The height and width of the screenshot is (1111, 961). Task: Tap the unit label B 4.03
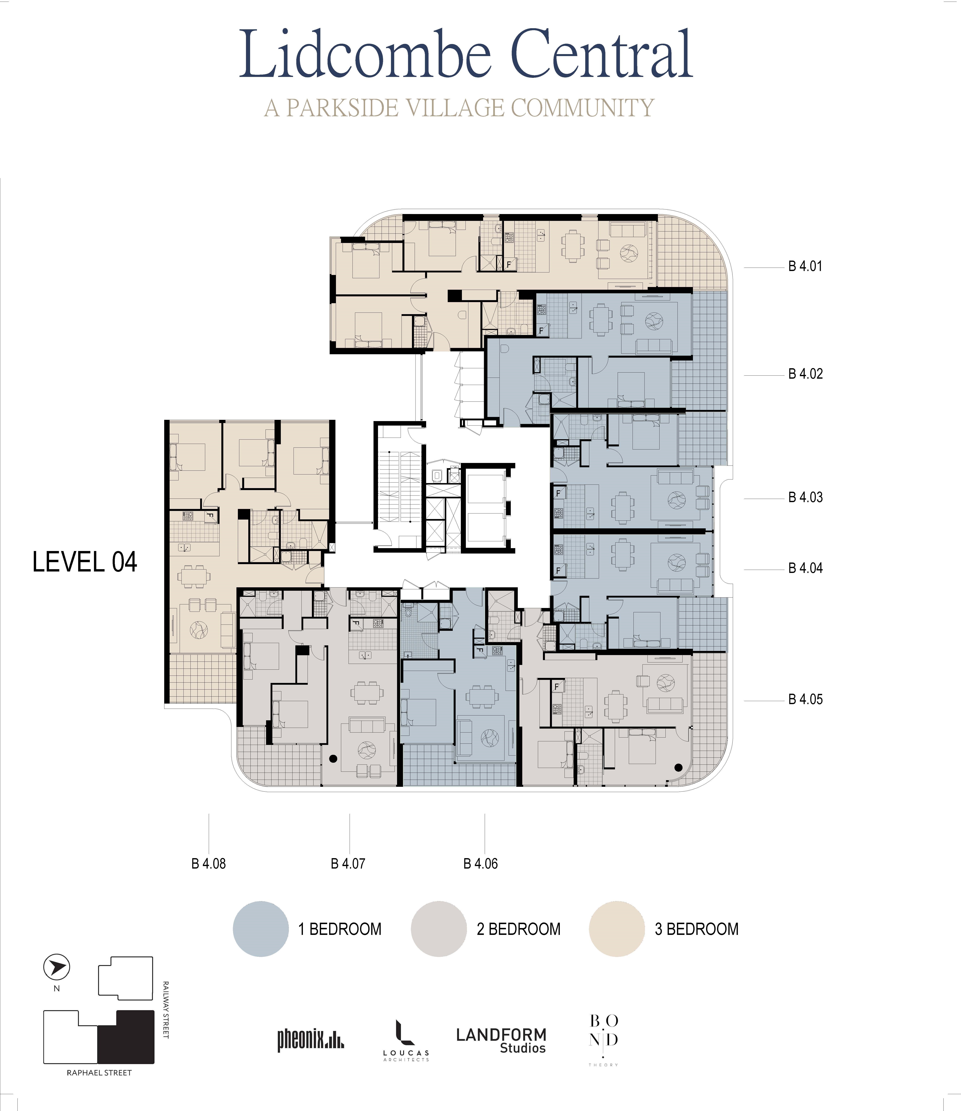click(805, 497)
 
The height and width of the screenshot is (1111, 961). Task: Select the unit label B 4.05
click(805, 699)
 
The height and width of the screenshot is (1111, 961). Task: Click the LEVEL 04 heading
click(85, 562)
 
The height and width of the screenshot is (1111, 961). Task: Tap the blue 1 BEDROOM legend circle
click(261, 929)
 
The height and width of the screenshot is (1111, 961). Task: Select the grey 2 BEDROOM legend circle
click(439, 929)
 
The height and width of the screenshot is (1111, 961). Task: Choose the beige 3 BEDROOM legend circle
click(617, 929)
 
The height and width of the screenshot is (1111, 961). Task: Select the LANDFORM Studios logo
click(501, 1041)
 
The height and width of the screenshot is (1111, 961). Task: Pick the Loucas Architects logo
click(406, 1040)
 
